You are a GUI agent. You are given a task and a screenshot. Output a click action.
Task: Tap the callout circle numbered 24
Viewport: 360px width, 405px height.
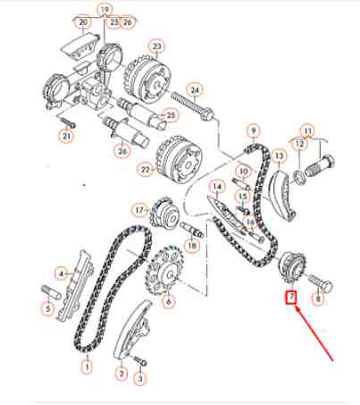click(196, 89)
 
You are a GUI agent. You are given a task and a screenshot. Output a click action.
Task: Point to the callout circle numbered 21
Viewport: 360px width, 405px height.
click(64, 137)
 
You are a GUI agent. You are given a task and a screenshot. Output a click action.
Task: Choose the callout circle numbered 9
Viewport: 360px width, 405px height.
click(254, 131)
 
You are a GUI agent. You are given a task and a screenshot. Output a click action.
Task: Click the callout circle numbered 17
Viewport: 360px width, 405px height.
click(138, 210)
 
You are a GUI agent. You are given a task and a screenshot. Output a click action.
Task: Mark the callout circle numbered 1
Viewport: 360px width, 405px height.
click(87, 365)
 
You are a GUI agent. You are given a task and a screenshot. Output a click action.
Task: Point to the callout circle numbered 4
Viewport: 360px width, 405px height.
click(62, 273)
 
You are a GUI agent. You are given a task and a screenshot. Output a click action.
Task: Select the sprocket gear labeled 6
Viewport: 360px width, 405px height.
click(163, 269)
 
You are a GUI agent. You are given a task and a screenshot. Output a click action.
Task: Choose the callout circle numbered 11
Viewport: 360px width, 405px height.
click(308, 131)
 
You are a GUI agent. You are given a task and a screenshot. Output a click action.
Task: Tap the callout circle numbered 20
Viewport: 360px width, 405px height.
click(83, 21)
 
